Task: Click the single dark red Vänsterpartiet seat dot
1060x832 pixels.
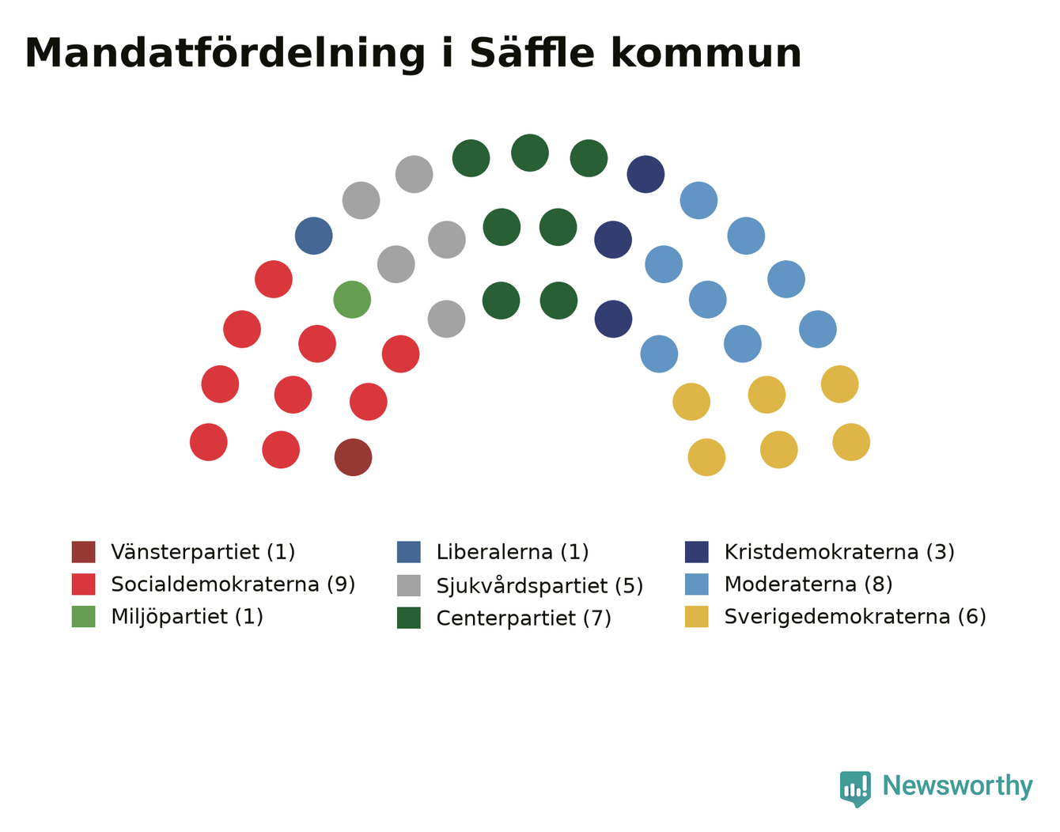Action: (353, 457)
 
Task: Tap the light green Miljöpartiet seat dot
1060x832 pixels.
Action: (352, 300)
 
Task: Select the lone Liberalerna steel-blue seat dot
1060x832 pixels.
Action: (314, 236)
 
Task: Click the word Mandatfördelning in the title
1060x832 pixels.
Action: (225, 53)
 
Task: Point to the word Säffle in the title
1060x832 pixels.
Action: (532, 53)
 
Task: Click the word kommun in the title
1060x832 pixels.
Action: (706, 53)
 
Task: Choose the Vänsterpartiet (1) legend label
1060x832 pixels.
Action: (203, 552)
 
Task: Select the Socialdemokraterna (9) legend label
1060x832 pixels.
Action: (233, 584)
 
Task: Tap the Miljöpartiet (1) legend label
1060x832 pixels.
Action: (187, 617)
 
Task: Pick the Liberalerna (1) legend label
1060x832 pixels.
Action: (513, 552)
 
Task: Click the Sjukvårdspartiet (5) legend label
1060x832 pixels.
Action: (540, 585)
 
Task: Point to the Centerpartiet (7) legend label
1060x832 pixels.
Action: (524, 618)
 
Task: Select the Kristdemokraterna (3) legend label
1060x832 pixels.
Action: (839, 552)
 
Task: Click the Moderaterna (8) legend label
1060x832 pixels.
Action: (808, 584)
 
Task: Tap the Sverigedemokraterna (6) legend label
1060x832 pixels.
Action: (856, 617)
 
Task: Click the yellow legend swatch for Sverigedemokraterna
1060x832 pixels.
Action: (697, 616)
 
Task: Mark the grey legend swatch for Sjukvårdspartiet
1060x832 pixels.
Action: (409, 585)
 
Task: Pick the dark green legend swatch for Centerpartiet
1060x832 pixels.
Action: (409, 618)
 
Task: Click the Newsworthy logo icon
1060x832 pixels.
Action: (855, 789)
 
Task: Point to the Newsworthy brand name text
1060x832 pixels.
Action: (958, 786)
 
